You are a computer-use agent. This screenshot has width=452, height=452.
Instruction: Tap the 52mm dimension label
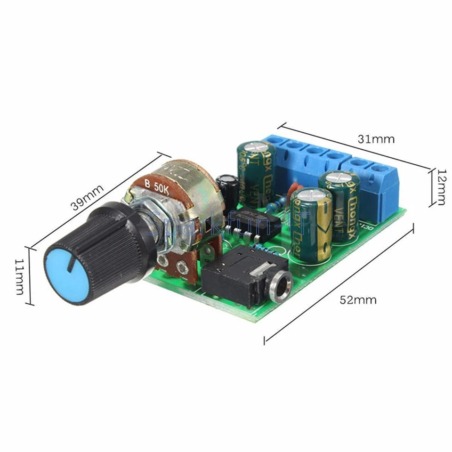click(358, 300)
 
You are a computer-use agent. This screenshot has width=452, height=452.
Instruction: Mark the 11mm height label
click(19, 276)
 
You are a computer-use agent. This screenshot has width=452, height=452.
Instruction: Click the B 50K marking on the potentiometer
click(158, 185)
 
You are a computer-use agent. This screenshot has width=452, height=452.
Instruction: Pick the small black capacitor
click(226, 188)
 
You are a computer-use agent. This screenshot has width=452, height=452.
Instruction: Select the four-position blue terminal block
click(306, 155)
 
